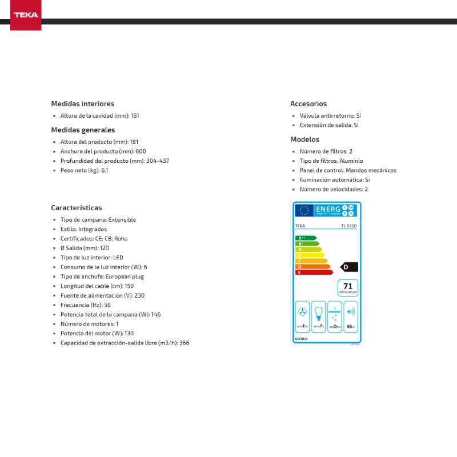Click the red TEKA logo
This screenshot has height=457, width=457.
[x=26, y=15]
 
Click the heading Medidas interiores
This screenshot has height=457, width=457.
[x=83, y=104]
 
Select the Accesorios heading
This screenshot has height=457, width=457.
[x=308, y=104]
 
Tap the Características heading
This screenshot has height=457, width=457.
[x=77, y=208]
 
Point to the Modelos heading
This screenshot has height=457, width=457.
[x=305, y=139]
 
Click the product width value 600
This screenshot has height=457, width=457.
[x=141, y=151]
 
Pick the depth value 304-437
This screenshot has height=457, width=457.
[x=158, y=161]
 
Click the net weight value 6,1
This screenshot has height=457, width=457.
[x=105, y=170]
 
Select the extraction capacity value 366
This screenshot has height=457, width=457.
[x=184, y=343]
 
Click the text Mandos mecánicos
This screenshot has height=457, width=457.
[x=371, y=170]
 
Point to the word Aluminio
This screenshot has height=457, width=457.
[x=352, y=161]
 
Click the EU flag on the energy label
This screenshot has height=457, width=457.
[x=303, y=210]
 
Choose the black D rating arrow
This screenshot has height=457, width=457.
[x=348, y=267]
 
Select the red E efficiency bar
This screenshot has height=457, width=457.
[x=313, y=272]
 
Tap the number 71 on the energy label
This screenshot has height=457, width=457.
[x=347, y=285]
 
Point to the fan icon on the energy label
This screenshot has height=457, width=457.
[x=303, y=313]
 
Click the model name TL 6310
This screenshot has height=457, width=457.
[x=348, y=226]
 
